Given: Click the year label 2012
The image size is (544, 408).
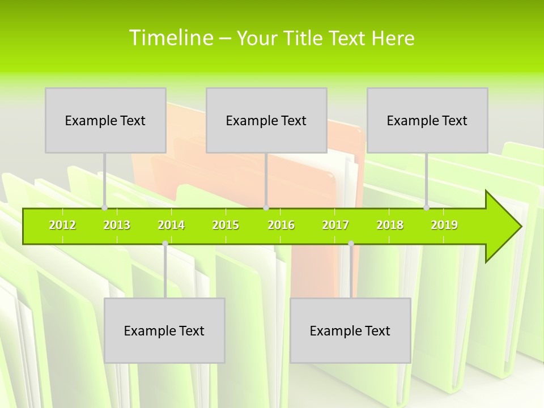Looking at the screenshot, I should coord(62,225).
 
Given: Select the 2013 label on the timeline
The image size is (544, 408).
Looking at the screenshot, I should coord(117,225).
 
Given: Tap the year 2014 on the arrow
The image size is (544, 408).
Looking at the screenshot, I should coord(171,225).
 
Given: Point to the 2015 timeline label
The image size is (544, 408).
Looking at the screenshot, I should coord(226,225).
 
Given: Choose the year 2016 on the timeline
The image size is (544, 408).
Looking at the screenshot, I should coord(281,225).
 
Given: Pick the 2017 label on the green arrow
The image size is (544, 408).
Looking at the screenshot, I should coord(335,225).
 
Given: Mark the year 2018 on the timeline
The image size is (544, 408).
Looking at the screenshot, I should coord(390,225).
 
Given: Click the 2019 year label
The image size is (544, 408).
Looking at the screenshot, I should coord(444,225).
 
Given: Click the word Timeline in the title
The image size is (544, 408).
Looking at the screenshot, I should coord(171,38).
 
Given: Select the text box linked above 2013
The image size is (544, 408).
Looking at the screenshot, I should coord(105,120).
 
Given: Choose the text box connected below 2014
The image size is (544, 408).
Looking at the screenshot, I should coord(164,330).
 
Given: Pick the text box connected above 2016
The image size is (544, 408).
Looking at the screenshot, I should coord(266,120).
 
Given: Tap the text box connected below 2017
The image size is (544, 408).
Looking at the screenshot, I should coord(350,330).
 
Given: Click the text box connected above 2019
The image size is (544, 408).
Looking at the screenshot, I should coord(427,120).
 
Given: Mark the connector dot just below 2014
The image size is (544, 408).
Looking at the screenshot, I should coord(165,243).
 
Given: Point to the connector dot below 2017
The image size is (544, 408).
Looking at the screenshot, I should coord(351,243).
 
